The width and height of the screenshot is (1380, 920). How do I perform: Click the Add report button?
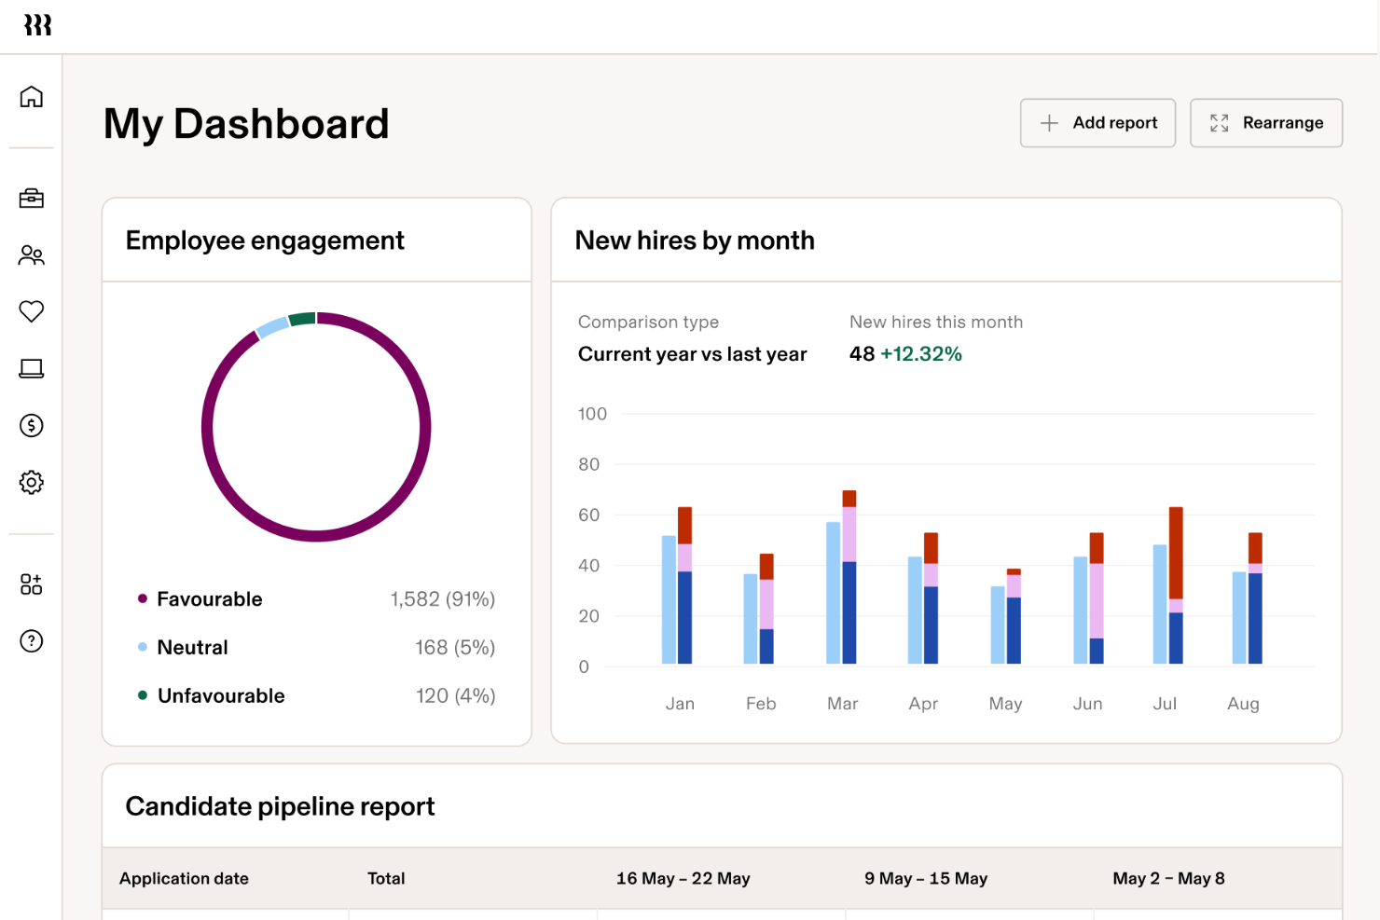(x=1097, y=123)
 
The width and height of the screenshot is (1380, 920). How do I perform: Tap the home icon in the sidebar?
(x=32, y=97)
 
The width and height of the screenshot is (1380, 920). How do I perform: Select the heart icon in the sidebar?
(x=32, y=311)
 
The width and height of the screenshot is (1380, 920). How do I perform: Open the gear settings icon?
(x=32, y=482)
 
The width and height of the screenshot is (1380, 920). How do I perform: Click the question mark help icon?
(x=32, y=641)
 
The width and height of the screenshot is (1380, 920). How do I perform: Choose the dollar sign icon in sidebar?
(x=32, y=426)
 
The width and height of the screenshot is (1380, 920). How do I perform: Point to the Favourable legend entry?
(x=209, y=599)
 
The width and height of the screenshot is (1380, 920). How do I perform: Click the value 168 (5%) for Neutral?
(x=454, y=648)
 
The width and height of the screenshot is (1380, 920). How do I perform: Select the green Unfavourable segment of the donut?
(x=301, y=320)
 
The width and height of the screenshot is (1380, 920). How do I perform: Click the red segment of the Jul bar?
(x=1176, y=552)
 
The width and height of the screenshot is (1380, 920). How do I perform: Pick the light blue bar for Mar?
(x=833, y=592)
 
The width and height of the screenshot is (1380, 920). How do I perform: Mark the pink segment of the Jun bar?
(x=1097, y=600)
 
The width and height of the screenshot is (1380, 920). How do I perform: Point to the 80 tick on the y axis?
(x=588, y=464)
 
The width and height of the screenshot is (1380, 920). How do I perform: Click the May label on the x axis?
(x=1005, y=704)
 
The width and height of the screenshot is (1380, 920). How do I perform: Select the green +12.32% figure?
(x=920, y=354)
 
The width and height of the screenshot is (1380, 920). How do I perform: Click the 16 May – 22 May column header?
(x=683, y=879)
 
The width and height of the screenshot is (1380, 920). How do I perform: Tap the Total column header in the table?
(x=386, y=879)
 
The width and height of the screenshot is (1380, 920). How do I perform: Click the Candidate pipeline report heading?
(x=280, y=806)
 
